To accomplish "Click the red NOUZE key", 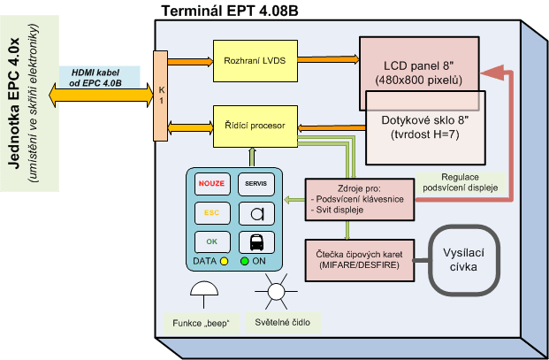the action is [212, 184].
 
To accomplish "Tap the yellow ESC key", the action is [212, 213].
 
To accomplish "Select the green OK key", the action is [212, 241].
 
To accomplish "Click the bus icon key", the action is [256, 242].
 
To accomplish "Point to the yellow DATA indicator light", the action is [224, 261].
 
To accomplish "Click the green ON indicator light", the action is [244, 261].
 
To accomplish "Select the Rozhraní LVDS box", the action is [255, 61].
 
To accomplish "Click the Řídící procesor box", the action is [255, 126].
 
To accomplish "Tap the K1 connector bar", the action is [161, 96].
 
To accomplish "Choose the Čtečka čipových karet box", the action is [360, 260].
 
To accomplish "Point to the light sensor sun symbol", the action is [276, 291].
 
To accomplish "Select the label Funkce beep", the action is [202, 323].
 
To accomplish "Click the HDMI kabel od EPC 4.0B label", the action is [95, 78].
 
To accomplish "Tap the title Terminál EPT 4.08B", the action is [230, 11].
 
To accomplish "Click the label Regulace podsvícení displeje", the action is [461, 182].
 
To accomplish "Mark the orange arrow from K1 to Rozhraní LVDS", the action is [190, 62].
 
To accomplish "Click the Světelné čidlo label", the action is [283, 323].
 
